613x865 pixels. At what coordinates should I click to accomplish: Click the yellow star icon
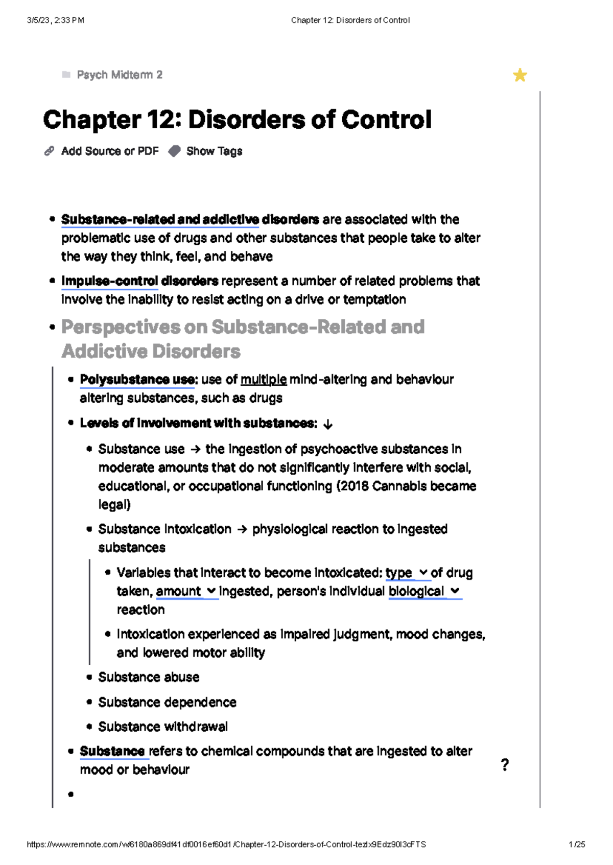(x=520, y=75)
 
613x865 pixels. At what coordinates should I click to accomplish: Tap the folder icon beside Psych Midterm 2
(x=66, y=75)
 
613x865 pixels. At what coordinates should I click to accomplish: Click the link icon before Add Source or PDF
(x=49, y=151)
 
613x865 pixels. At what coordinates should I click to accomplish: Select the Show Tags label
(x=214, y=151)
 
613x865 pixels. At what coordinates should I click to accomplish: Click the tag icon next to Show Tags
(x=175, y=151)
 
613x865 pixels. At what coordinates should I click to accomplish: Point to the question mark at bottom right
(x=505, y=764)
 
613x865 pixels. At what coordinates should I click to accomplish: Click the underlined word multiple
(x=264, y=380)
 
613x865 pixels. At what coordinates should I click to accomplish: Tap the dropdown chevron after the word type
(x=423, y=573)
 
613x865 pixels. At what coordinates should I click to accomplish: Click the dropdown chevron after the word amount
(x=211, y=591)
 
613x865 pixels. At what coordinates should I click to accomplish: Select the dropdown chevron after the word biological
(x=455, y=591)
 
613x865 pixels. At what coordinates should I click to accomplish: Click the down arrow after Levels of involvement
(x=328, y=424)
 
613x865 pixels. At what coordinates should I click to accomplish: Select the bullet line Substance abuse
(x=149, y=677)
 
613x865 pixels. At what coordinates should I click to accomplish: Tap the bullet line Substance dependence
(x=167, y=702)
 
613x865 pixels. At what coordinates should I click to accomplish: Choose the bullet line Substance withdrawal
(x=163, y=727)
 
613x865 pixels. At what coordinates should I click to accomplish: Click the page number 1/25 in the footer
(x=577, y=845)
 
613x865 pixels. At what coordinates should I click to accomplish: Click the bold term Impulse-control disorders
(x=139, y=281)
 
